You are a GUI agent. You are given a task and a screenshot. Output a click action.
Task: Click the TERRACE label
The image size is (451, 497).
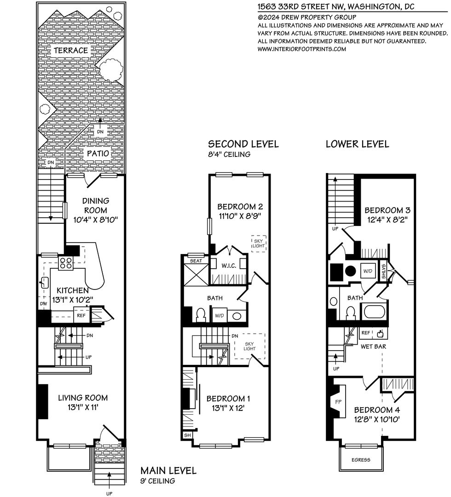click(71, 51)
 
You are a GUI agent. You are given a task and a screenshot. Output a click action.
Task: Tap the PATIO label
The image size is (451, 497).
click(98, 153)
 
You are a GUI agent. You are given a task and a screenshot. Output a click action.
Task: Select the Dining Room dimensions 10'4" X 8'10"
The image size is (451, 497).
click(96, 220)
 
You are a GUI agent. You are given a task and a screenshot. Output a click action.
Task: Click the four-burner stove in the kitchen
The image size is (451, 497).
click(66, 263)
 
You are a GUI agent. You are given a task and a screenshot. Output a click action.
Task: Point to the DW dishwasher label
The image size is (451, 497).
click(43, 304)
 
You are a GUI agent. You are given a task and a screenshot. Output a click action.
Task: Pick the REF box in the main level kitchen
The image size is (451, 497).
click(81, 315)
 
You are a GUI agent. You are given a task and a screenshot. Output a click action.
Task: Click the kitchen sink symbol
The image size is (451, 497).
click(44, 282)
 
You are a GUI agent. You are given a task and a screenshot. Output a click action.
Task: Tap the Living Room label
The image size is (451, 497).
click(83, 398)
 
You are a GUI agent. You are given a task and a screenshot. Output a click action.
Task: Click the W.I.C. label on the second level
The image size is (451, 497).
click(229, 266)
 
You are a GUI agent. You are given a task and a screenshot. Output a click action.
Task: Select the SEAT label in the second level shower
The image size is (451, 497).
click(196, 261)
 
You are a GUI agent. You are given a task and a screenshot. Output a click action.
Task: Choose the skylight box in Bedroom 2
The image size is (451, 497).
click(259, 243)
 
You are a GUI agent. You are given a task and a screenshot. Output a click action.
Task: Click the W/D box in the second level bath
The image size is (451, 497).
click(220, 316)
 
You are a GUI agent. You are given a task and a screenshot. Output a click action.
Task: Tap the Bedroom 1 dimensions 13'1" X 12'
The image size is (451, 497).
click(228, 408)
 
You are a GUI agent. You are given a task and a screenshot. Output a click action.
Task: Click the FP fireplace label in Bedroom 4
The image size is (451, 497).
click(338, 402)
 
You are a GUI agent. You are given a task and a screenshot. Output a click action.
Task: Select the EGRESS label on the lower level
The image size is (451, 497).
click(361, 460)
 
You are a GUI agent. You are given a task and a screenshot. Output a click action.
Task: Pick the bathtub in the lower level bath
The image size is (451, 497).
click(374, 311)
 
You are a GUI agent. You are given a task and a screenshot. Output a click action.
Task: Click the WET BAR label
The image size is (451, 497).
click(373, 347)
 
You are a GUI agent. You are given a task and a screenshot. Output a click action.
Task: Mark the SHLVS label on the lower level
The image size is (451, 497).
click(383, 272)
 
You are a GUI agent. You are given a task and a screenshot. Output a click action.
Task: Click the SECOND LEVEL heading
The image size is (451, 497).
click(243, 144)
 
